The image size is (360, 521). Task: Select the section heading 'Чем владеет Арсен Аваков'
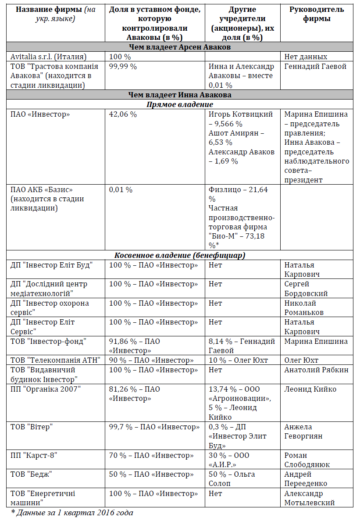point(180,47)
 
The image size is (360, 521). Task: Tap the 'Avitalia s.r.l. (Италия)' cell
point(49,57)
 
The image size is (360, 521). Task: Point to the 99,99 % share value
point(123,66)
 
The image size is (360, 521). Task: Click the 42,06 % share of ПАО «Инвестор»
point(123,114)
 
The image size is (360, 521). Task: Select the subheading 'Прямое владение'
point(180,104)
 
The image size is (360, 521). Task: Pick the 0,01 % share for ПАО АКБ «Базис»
point(121,190)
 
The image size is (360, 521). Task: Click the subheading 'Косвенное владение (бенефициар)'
point(180,255)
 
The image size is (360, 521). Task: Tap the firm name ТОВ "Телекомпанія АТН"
point(56,360)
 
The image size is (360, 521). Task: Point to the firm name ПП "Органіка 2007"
point(46,389)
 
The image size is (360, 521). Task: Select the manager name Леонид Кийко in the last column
point(310,389)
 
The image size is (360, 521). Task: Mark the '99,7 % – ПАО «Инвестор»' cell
point(154,427)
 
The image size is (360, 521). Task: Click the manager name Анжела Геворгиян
point(304,432)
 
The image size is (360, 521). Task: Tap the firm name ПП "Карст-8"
point(34,455)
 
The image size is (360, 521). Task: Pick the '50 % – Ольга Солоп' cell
point(232,479)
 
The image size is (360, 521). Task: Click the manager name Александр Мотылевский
point(310,498)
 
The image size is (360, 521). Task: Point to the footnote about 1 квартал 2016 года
point(72,512)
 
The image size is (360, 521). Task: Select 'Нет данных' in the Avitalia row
point(306,57)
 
